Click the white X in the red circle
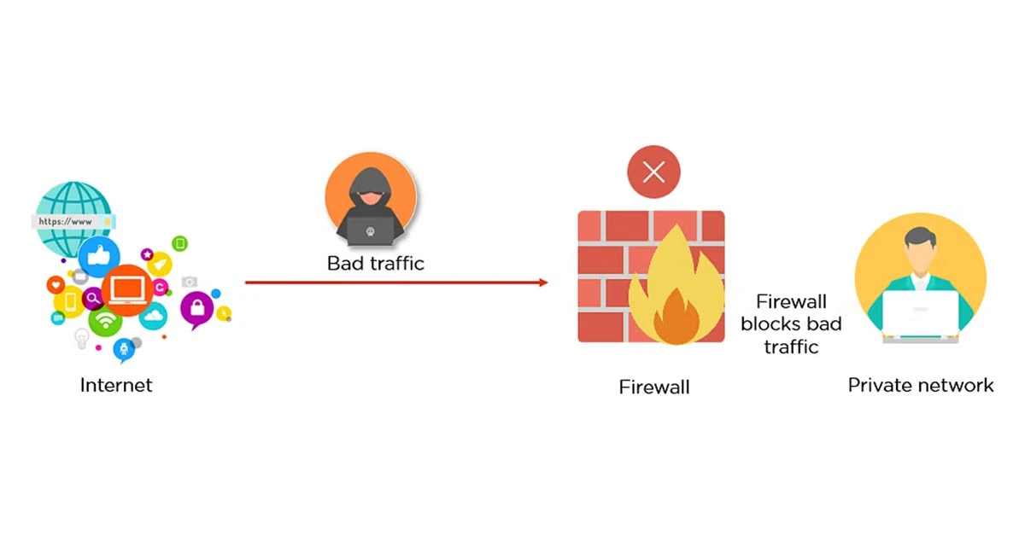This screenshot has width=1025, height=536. coord(654,173)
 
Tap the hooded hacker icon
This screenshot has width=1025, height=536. coord(370,201)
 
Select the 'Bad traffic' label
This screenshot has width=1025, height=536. coord(376,263)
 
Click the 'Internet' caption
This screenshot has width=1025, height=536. coord(116,385)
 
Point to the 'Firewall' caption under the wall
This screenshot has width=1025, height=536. coord(654,387)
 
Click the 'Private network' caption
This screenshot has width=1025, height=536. coord(921,385)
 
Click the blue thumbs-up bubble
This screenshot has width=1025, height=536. coord(99,257)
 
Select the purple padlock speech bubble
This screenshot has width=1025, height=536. coord(196,309)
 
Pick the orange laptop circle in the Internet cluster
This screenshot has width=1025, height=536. coord(126,291)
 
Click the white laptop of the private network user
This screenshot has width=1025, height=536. coord(920,316)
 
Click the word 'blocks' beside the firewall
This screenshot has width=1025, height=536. coord(791,323)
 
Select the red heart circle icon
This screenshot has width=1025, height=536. coord(56,284)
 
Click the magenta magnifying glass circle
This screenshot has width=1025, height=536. coord(92,299)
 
